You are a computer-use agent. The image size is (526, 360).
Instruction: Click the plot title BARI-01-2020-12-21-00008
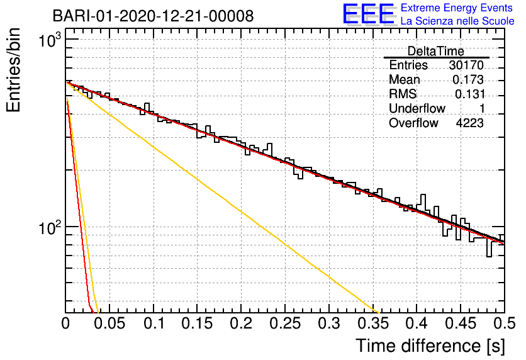(x=154, y=16)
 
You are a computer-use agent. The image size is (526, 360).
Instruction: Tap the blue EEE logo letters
(x=368, y=14)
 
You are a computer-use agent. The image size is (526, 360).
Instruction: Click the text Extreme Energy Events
(x=457, y=8)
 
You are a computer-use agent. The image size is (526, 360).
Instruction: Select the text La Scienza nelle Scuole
(x=457, y=21)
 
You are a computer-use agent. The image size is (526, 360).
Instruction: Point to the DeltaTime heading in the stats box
(x=436, y=51)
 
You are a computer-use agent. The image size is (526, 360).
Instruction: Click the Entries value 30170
(x=466, y=65)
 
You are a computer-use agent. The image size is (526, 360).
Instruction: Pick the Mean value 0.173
(x=468, y=79)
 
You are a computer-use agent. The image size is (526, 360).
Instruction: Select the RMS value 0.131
(x=470, y=94)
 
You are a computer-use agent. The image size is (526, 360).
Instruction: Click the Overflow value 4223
(x=469, y=123)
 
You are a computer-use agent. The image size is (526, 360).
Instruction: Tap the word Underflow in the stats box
(x=417, y=108)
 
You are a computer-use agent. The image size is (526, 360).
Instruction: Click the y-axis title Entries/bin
(x=13, y=70)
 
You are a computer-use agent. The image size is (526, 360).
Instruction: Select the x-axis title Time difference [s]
(x=430, y=346)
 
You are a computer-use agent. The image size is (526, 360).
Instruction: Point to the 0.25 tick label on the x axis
(x=285, y=323)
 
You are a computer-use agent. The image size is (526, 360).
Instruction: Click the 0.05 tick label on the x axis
(x=109, y=323)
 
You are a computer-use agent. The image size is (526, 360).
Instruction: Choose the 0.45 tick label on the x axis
(x=461, y=323)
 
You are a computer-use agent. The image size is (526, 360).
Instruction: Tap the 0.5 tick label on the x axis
(x=504, y=323)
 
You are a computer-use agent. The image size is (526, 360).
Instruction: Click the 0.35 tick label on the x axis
(x=373, y=323)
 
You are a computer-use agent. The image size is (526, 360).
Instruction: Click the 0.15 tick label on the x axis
(x=198, y=323)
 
